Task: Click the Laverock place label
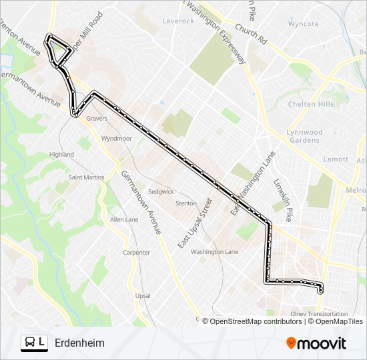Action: (x=178, y=21)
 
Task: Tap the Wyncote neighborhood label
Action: (x=304, y=23)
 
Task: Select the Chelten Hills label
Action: (x=310, y=104)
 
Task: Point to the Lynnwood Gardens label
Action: (x=304, y=136)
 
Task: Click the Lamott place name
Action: (x=335, y=159)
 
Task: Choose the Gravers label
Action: (x=96, y=118)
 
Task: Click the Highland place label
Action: (x=61, y=154)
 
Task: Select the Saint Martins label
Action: (x=87, y=177)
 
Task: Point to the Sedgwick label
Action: (x=161, y=191)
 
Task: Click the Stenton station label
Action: (x=186, y=203)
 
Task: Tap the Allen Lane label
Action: (x=124, y=219)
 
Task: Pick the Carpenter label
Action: (x=136, y=253)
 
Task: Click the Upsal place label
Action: (x=143, y=295)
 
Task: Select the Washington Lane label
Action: (x=214, y=252)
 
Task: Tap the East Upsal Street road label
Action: (x=194, y=223)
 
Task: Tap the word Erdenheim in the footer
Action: (x=79, y=343)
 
